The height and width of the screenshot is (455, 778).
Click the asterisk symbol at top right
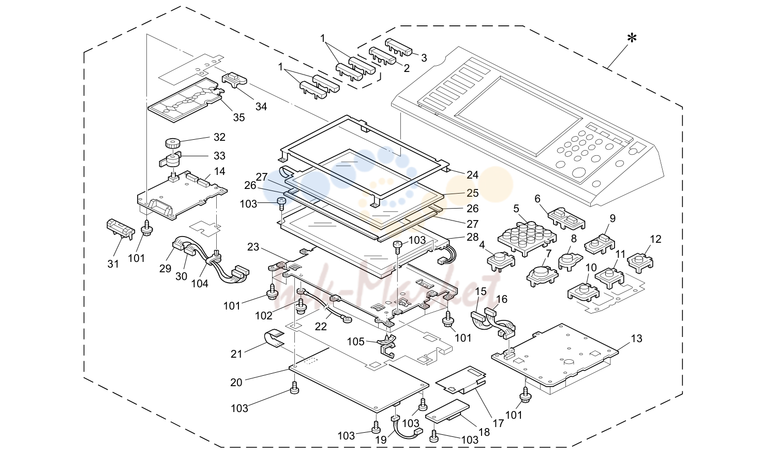tap(632, 38)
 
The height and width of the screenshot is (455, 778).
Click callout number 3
tap(424, 58)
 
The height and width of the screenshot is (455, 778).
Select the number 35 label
tap(239, 118)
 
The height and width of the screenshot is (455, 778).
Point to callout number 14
tap(219, 171)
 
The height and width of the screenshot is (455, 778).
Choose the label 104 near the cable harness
tap(200, 284)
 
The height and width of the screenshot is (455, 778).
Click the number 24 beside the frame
tap(472, 175)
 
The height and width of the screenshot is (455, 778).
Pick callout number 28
tap(472, 237)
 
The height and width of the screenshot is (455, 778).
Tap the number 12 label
tap(655, 239)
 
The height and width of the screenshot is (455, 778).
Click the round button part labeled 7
tap(542, 276)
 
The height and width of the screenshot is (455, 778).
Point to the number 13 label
tap(636, 338)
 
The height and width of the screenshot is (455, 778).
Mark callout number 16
tap(502, 299)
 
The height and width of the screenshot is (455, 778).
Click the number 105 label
tap(356, 342)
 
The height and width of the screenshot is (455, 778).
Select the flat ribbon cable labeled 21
tap(274, 339)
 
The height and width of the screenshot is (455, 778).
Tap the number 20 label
tap(236, 383)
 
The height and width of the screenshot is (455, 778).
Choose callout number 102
tap(264, 316)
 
